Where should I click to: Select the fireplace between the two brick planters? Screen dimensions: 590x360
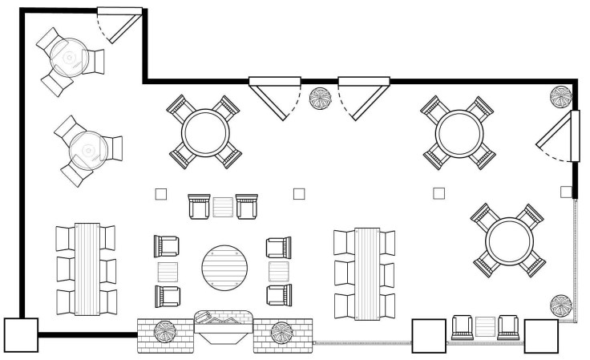224,326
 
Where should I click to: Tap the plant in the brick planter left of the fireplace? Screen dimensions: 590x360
165,331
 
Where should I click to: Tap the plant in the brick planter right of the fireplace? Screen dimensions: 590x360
281,331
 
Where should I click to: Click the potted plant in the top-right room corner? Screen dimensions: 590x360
560,97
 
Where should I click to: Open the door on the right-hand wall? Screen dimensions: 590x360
564,136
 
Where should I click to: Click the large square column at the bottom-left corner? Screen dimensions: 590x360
21,335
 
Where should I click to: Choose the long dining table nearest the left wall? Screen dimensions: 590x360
85,268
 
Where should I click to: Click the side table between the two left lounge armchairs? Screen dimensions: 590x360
168,269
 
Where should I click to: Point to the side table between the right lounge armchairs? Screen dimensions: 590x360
278,269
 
